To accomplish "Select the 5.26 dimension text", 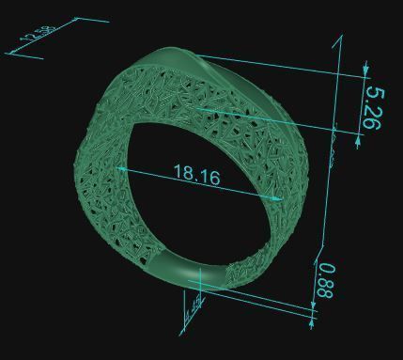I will [373, 108].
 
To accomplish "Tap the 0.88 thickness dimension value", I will [325, 280].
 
